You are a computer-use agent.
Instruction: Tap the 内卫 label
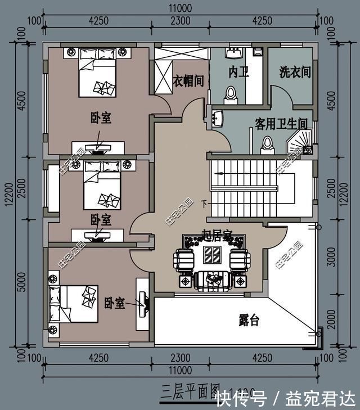[x=238, y=72]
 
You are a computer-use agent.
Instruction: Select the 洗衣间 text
[x=295, y=72]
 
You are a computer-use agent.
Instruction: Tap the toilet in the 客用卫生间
[x=267, y=144]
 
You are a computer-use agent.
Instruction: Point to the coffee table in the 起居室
[x=212, y=259]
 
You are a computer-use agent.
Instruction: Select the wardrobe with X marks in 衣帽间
[x=164, y=77]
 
